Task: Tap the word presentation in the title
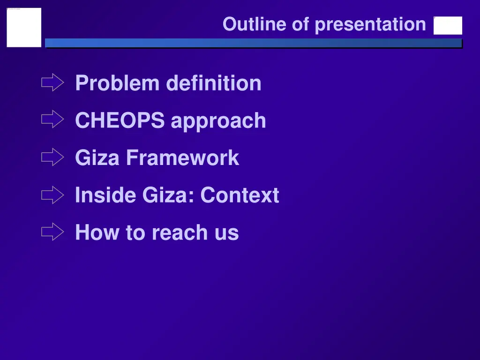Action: pyautogui.click(x=370, y=24)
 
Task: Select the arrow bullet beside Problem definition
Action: pyautogui.click(x=52, y=83)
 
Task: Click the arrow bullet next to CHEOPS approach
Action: pyautogui.click(x=52, y=120)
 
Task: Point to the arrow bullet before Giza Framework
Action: pyautogui.click(x=52, y=157)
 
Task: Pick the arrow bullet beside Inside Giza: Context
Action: pyautogui.click(x=52, y=195)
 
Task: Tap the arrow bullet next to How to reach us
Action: pyautogui.click(x=52, y=232)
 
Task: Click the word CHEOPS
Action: pyautogui.click(x=120, y=120)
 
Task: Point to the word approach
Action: pyautogui.click(x=218, y=121)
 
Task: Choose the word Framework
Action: pyautogui.click(x=182, y=158)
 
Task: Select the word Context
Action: pyautogui.click(x=240, y=195)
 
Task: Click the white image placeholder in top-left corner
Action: pyautogui.click(x=24, y=27)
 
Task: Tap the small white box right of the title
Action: pyautogui.click(x=448, y=26)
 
